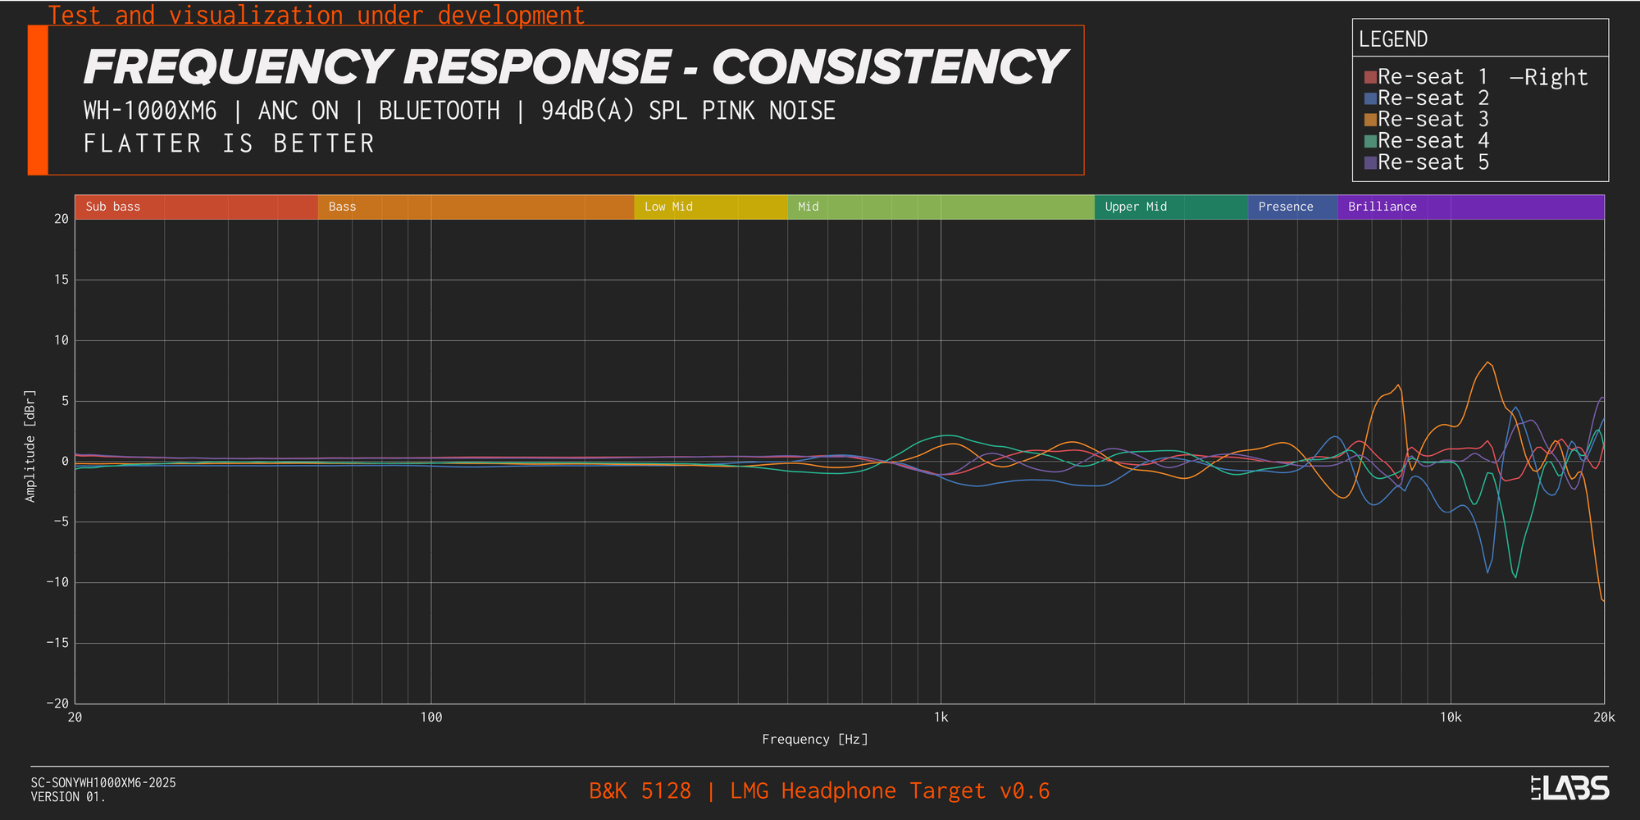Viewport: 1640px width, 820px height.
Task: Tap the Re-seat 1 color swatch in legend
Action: point(1370,77)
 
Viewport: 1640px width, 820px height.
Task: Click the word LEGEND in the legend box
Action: point(1393,39)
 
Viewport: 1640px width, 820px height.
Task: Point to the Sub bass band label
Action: point(113,207)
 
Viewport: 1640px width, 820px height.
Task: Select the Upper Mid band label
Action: point(1136,207)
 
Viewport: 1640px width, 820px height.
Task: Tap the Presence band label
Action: point(1286,207)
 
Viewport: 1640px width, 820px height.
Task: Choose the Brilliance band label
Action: point(1383,207)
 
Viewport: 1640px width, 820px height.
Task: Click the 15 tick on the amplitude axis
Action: point(61,280)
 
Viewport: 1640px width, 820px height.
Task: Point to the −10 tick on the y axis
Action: point(57,583)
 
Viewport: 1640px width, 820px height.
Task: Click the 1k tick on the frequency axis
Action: point(941,717)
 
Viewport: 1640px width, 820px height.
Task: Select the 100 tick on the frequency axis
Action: point(430,717)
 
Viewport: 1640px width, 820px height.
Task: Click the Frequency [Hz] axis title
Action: point(815,740)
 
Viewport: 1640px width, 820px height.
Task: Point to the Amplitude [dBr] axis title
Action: point(30,446)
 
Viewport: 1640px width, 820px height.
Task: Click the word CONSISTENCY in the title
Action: point(888,67)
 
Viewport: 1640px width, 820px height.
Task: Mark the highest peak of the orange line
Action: point(1488,362)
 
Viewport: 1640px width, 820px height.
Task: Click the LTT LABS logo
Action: point(1569,788)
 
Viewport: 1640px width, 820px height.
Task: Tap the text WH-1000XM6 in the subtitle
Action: point(150,111)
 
